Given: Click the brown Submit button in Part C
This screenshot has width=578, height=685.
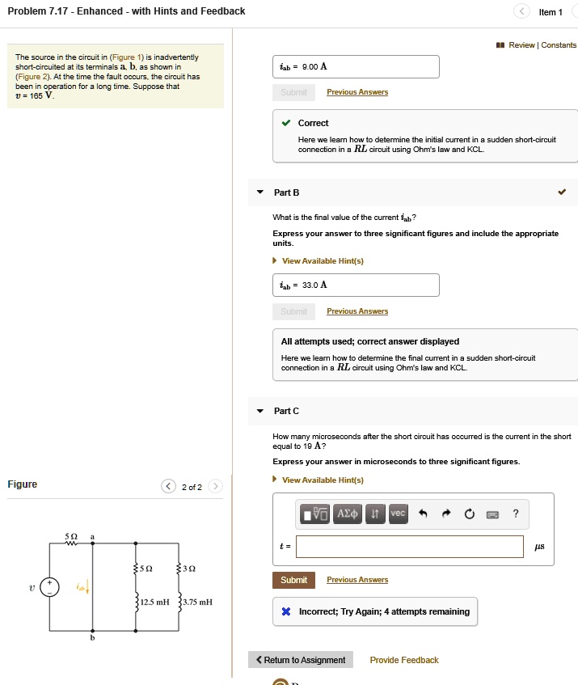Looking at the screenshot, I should (x=293, y=580).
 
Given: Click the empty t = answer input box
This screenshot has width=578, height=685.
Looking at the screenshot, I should (x=409, y=547).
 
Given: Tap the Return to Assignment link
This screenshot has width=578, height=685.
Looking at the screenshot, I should (x=301, y=660).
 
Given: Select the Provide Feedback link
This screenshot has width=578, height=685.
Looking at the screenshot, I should (x=403, y=660).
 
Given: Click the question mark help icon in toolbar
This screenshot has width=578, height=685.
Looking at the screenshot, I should (x=516, y=514).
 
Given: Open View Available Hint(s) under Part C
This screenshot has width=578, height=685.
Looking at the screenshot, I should (x=323, y=480).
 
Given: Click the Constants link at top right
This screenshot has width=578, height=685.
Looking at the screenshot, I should (x=559, y=45).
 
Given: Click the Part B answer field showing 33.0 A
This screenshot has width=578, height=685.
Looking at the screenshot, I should (x=356, y=285).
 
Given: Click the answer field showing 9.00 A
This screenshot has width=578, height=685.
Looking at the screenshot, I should (x=356, y=67).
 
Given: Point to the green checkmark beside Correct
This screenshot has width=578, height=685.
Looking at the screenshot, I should (x=286, y=124).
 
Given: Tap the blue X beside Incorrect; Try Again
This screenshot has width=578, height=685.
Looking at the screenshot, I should (x=286, y=611).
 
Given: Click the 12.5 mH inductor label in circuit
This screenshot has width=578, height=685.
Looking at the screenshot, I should (x=154, y=602).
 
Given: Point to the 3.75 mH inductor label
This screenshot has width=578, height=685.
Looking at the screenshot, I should (x=197, y=602).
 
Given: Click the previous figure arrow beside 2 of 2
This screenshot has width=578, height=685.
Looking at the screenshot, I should (x=168, y=486).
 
